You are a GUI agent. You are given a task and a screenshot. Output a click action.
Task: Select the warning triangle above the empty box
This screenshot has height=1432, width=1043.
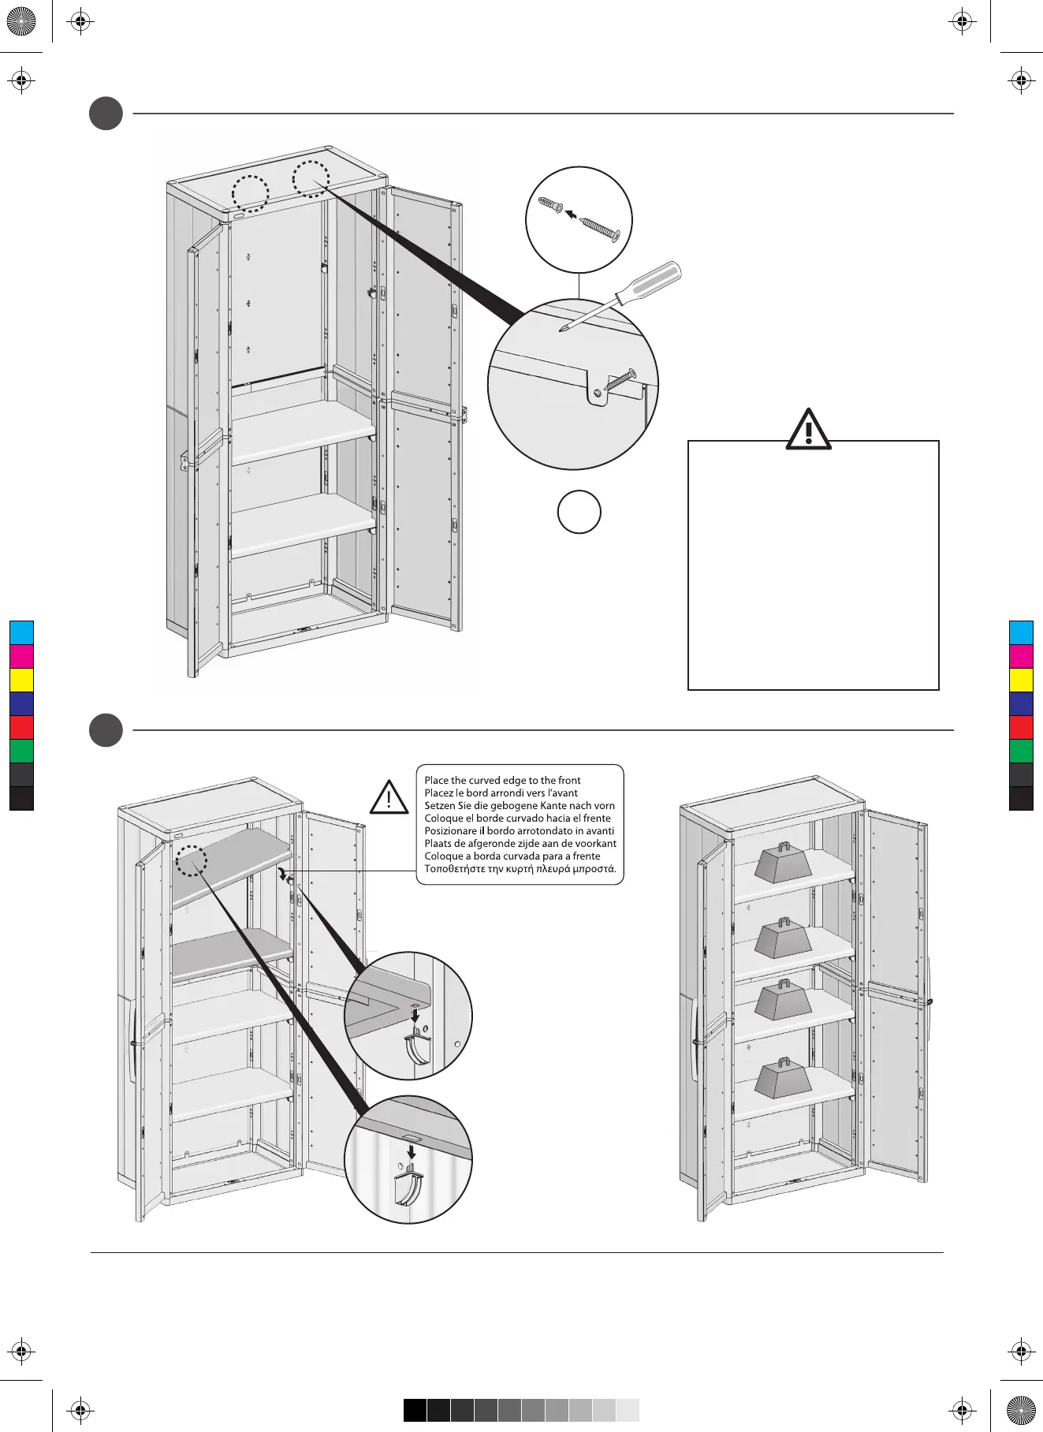tap(809, 431)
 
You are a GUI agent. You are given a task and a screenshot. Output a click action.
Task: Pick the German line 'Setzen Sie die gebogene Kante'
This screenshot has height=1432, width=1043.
tap(519, 805)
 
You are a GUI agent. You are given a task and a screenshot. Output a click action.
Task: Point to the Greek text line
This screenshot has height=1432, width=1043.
tap(520, 869)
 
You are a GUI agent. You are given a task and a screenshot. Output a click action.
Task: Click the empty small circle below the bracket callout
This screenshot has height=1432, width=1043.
tap(579, 512)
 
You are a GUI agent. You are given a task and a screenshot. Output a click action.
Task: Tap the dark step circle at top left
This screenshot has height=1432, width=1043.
tap(106, 114)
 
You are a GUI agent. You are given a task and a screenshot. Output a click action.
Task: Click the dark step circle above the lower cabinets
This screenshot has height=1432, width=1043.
tap(106, 729)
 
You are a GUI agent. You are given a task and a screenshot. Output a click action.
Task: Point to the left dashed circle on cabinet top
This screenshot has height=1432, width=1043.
tap(251, 193)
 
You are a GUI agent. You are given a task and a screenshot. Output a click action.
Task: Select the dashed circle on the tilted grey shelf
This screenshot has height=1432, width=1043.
tap(191, 860)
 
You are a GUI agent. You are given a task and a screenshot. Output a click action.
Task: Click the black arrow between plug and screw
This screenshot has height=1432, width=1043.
tap(570, 214)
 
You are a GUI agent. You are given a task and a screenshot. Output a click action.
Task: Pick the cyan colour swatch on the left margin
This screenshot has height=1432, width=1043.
tap(22, 632)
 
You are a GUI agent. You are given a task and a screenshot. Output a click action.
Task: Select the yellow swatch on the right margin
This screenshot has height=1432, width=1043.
tap(1021, 680)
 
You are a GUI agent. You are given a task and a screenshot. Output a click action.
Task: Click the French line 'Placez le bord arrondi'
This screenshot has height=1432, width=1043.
tap(501, 792)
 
